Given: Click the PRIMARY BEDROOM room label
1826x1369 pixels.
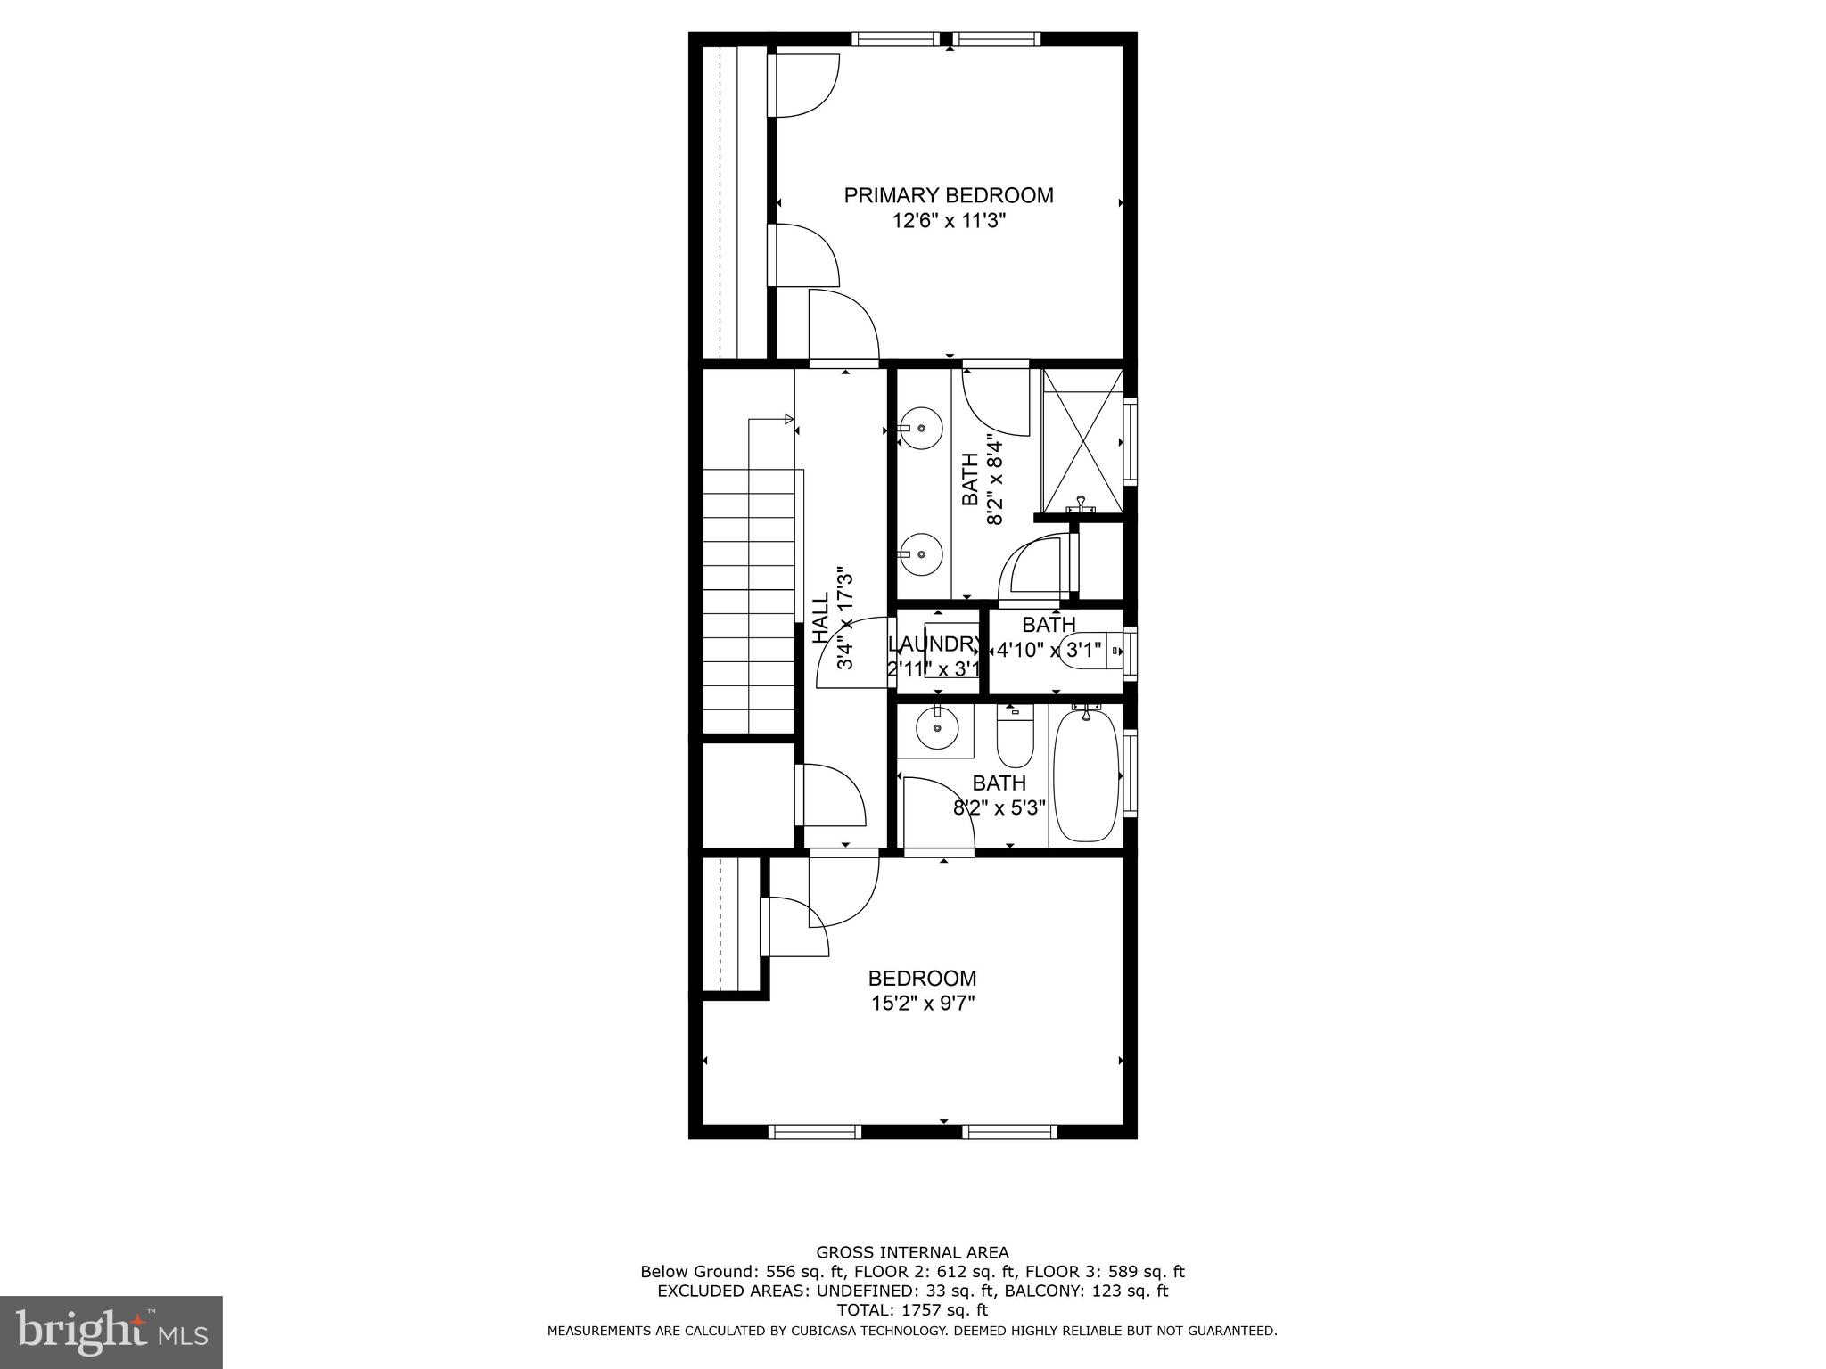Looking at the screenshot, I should click(949, 195).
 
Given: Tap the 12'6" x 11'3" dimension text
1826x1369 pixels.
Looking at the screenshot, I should click(949, 221).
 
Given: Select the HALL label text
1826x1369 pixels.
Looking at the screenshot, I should click(820, 618).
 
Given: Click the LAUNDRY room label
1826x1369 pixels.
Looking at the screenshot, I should click(934, 644).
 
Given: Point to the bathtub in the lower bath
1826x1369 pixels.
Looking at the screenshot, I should click(1086, 775).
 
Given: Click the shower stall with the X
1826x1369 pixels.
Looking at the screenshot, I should click(1082, 441).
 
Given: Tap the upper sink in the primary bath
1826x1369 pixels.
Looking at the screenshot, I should click(922, 429).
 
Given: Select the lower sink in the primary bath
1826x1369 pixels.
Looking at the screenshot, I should click(922, 553).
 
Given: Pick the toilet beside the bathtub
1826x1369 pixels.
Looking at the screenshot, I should click(1015, 740).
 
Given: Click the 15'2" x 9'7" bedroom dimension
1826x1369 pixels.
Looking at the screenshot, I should click(923, 1004).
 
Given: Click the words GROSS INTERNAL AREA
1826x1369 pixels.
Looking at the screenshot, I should click(912, 1252).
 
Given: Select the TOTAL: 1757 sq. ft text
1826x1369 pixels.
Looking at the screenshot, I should click(912, 1309).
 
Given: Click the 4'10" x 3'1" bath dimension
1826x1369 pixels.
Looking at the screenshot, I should click(1049, 650).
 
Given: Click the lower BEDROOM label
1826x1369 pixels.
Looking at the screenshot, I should click(923, 978).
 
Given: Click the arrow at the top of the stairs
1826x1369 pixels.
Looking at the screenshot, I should click(788, 419).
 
